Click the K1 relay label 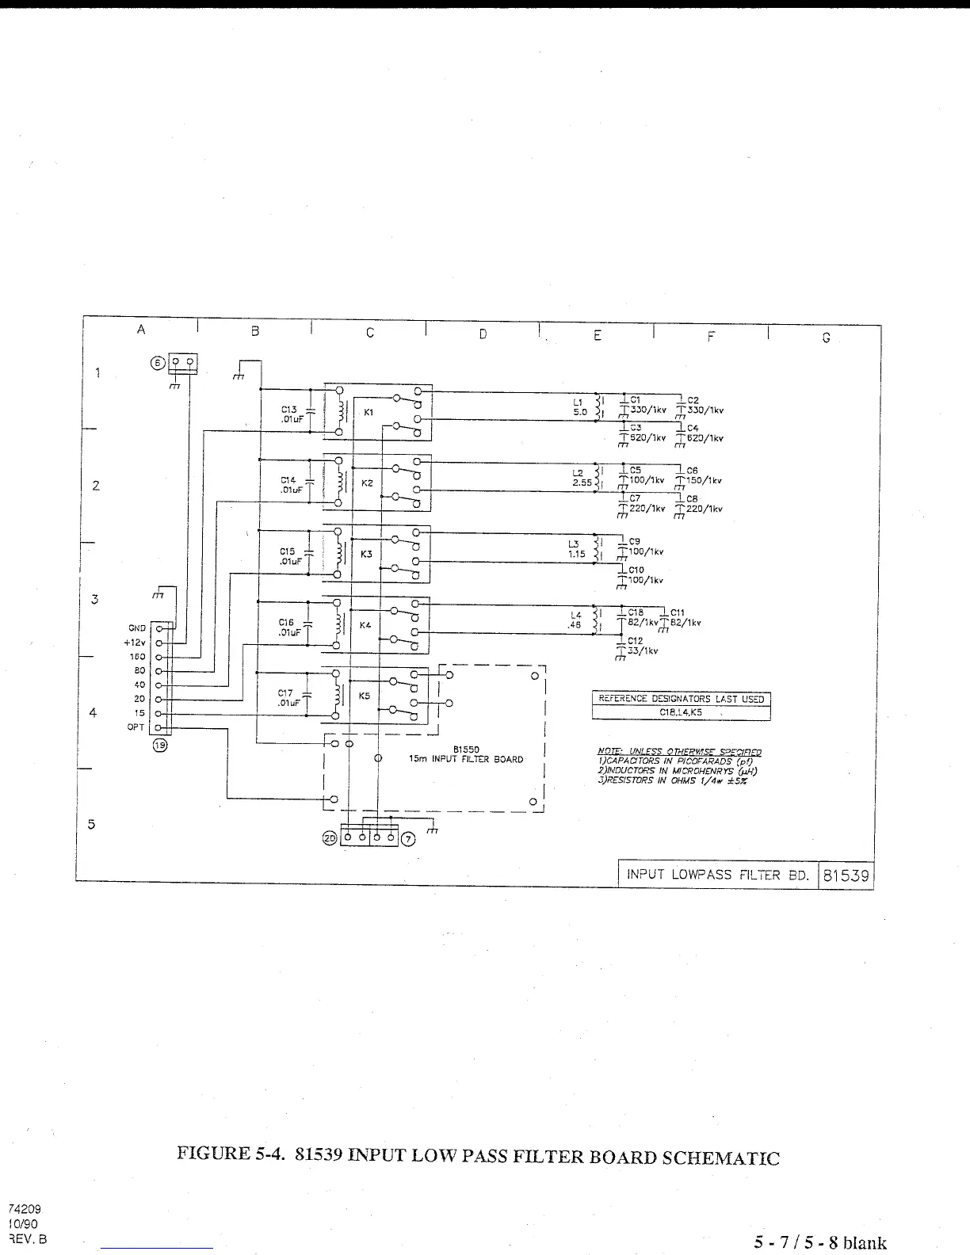pyautogui.click(x=369, y=412)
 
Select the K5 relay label pyautogui.click(x=365, y=696)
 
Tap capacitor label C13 pyautogui.click(x=288, y=410)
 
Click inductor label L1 pyautogui.click(x=578, y=402)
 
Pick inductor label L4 pyautogui.click(x=576, y=615)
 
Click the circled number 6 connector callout pyautogui.click(x=157, y=362)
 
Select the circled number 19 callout pyautogui.click(x=160, y=746)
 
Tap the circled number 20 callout pyautogui.click(x=330, y=838)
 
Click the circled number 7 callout pyautogui.click(x=408, y=838)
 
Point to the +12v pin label pyautogui.click(x=135, y=643)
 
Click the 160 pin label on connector pyautogui.click(x=138, y=657)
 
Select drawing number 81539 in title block pyautogui.click(x=846, y=875)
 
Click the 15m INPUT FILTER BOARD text pyautogui.click(x=466, y=759)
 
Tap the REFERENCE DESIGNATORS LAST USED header pyautogui.click(x=681, y=699)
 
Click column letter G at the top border pyautogui.click(x=826, y=338)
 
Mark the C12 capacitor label pyautogui.click(x=635, y=641)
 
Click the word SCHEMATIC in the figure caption pyautogui.click(x=720, y=1158)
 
